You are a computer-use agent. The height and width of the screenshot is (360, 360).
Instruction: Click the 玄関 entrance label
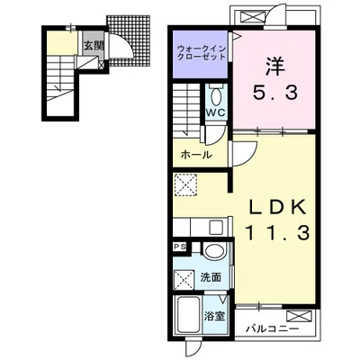coord(94,46)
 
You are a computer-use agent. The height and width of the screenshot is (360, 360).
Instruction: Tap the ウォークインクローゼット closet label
coord(201,52)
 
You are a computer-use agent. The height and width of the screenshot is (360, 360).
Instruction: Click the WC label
coord(215,112)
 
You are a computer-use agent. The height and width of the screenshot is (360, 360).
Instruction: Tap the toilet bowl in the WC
coord(216,96)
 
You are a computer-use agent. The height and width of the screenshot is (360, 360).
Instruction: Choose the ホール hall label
coord(196,155)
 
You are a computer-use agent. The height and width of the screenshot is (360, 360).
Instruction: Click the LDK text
coord(277,206)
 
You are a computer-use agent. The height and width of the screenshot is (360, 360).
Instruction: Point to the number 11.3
coord(276,233)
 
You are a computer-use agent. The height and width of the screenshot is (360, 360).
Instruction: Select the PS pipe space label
coord(180,247)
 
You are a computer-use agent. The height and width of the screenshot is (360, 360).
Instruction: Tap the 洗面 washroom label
coord(211,278)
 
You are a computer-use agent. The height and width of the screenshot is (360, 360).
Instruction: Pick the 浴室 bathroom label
coord(215,316)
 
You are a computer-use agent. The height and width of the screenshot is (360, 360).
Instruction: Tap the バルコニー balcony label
coord(273,328)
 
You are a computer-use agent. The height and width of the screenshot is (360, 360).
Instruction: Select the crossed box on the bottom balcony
coord(300,317)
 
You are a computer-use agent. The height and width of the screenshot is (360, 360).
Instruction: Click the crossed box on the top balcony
coord(250,18)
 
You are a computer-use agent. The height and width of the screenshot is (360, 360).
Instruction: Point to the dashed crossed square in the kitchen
coord(186,185)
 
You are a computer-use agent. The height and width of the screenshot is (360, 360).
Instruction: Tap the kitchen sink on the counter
coord(216,228)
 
